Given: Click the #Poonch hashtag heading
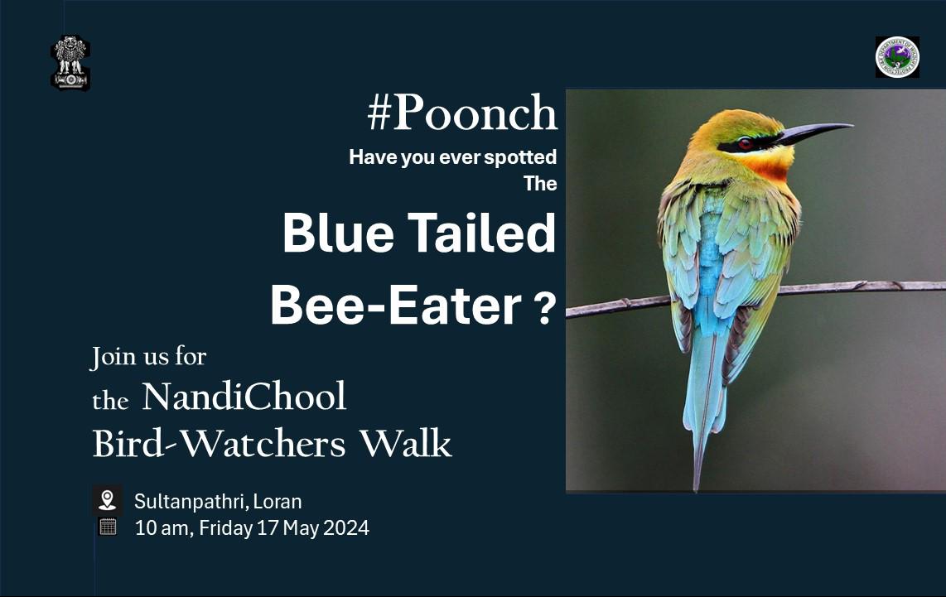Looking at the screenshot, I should pos(462,114).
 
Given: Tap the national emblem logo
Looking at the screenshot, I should pos(70,62).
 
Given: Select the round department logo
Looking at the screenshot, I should pos(897,57).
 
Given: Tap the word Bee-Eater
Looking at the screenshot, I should pos(395,306).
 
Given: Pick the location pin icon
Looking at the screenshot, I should pos(107,500).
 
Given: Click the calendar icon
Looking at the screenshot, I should pos(107,527).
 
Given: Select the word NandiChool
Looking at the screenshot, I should pos(244,397).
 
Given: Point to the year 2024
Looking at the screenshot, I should pos(346,527).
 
